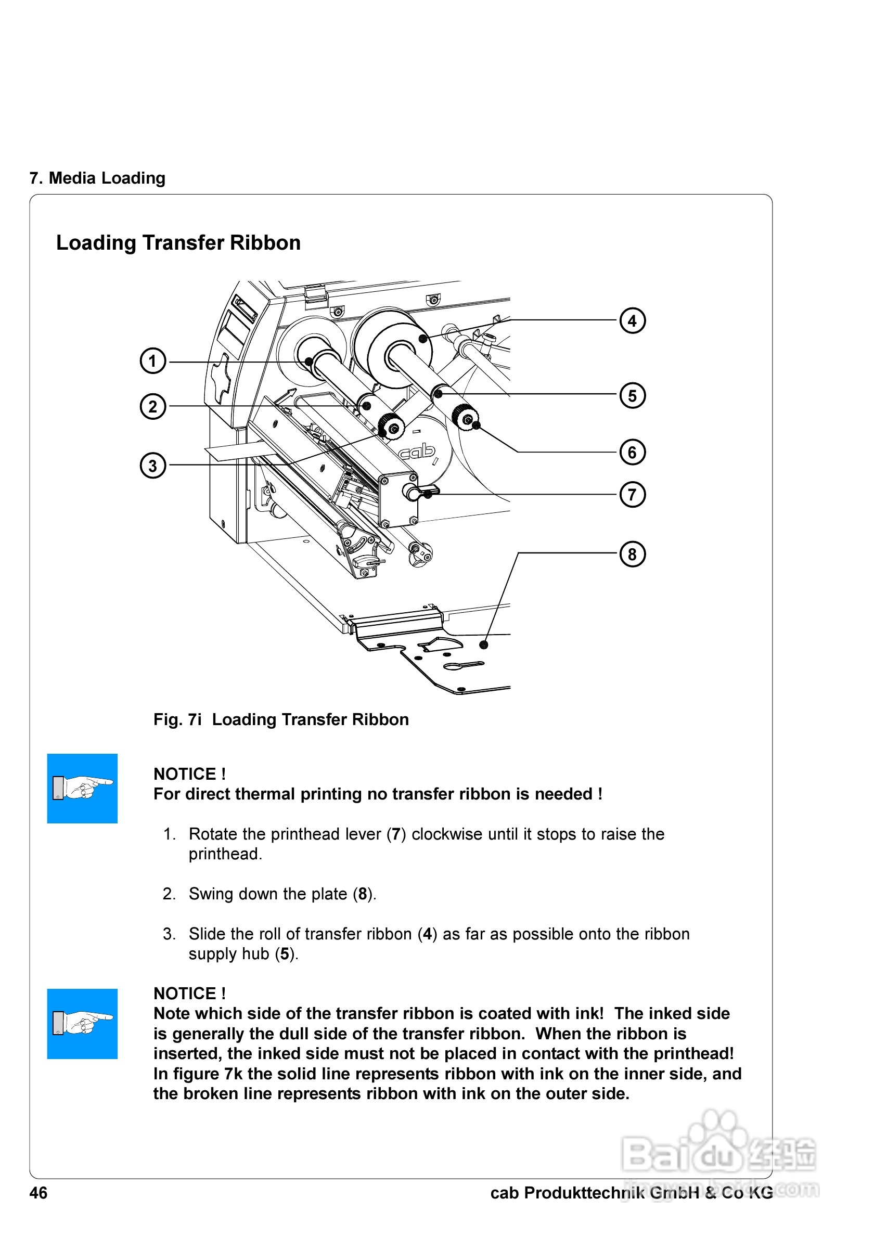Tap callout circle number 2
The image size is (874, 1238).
point(152,406)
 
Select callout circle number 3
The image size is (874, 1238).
point(152,466)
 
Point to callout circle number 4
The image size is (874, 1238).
point(632,321)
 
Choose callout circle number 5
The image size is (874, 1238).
point(632,395)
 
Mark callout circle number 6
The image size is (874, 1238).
point(632,452)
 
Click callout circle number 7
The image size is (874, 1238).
point(632,495)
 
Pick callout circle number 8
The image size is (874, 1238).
point(632,554)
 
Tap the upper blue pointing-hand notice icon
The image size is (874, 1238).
point(82,788)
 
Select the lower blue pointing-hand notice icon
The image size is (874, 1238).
point(82,1023)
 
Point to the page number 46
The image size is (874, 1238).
point(38,1193)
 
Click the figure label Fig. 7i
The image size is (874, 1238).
point(177,719)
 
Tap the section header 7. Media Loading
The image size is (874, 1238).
point(98,178)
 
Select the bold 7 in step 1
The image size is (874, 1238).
point(396,834)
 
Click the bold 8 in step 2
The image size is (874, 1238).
point(362,894)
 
